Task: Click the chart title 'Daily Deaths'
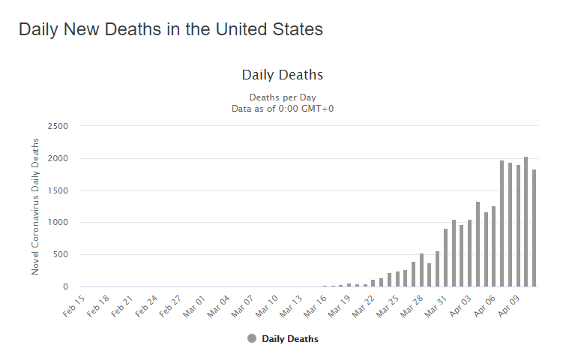point(283,75)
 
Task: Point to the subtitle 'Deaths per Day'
point(283,97)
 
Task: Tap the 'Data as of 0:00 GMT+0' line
point(283,109)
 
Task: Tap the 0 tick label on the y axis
point(66,286)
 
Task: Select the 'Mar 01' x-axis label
point(194,306)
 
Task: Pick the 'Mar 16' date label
point(314,306)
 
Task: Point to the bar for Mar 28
point(422,270)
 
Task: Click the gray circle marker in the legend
point(252,339)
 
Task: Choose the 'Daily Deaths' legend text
point(290,339)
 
